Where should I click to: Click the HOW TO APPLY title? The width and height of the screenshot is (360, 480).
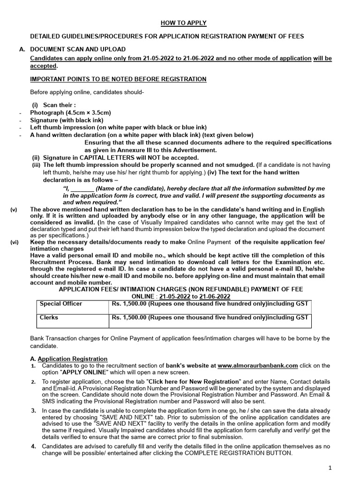pyautogui.click(x=184, y=23)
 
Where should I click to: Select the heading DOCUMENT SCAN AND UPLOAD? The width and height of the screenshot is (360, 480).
pyautogui.click(x=78, y=49)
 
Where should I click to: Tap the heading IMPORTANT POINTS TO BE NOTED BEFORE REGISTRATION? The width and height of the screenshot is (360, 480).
pyautogui.click(x=118, y=78)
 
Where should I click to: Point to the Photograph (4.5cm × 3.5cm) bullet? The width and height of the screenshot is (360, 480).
pyautogui.click(x=71, y=113)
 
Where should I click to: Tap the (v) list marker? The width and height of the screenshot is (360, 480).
pyautogui.click(x=14, y=209)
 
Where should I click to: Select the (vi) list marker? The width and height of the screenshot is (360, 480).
pyautogui.click(x=14, y=242)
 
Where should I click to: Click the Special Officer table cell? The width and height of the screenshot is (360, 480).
pyautogui.click(x=61, y=304)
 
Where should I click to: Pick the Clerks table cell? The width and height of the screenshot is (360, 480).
pyautogui.click(x=49, y=317)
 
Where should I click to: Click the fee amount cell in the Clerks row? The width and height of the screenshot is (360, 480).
pyautogui.click(x=210, y=317)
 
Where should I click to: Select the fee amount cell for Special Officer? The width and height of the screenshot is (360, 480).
pyautogui.click(x=210, y=304)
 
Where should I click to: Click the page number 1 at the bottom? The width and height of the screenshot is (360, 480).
pyautogui.click(x=330, y=468)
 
